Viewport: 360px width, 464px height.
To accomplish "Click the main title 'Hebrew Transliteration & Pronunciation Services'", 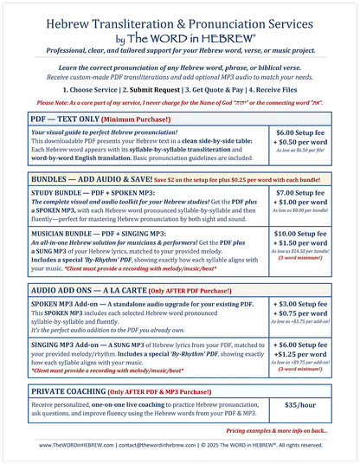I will click(x=179, y=24).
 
